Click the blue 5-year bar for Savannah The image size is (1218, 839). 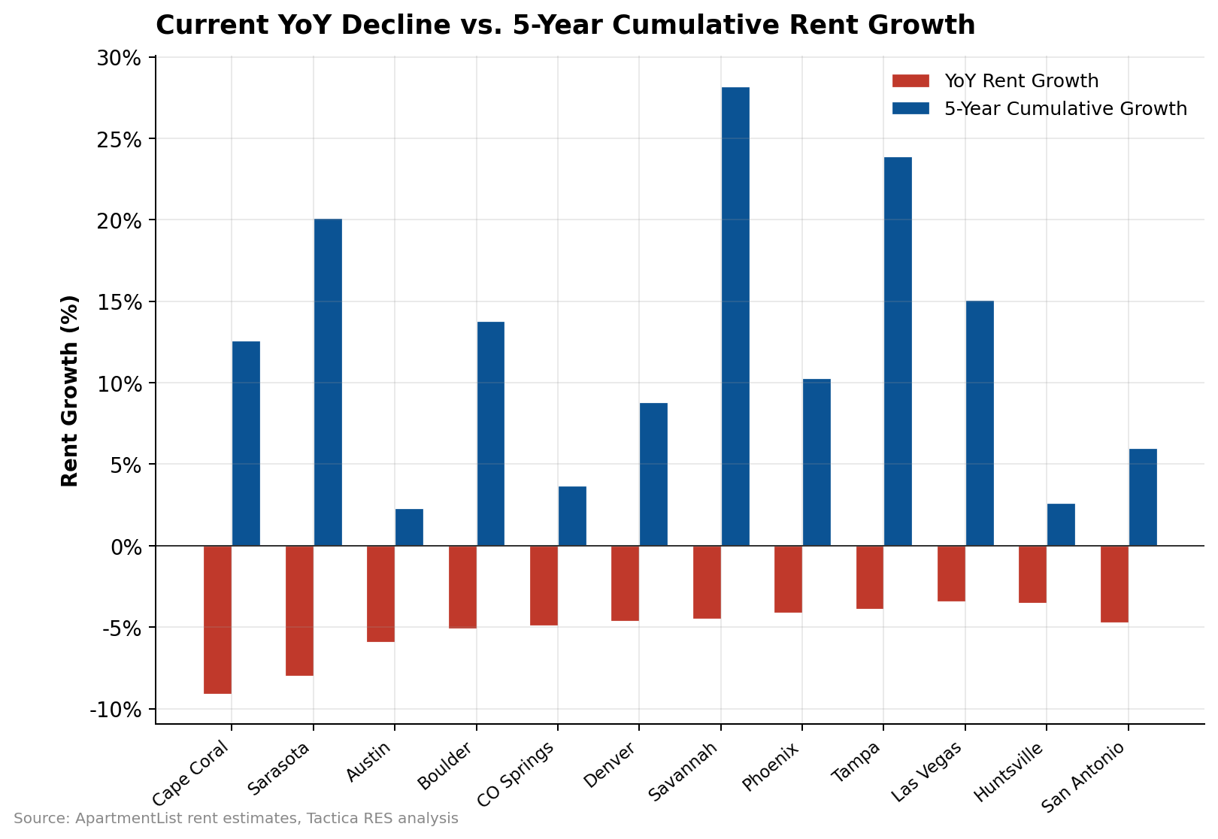point(735,317)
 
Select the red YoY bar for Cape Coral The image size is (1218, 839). point(217,619)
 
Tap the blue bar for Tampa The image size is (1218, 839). point(898,351)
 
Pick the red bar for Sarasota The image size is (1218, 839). point(299,610)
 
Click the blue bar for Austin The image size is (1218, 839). point(409,527)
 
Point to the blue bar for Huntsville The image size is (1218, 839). point(1061,525)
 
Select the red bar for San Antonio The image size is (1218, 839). point(1114,584)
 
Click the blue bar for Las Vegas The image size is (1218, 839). point(980,423)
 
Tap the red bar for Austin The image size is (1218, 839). point(380,594)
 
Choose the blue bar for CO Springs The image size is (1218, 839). point(572,516)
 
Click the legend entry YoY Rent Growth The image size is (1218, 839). point(1021,81)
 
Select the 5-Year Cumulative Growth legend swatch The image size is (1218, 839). point(911,109)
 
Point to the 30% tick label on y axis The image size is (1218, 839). point(120,58)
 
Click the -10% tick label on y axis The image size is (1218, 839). point(116,710)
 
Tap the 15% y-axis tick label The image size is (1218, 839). point(120,302)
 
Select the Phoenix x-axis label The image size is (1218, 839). point(771,767)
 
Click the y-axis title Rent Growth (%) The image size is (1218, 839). point(70,391)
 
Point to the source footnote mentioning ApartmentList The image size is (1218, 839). point(235,819)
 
